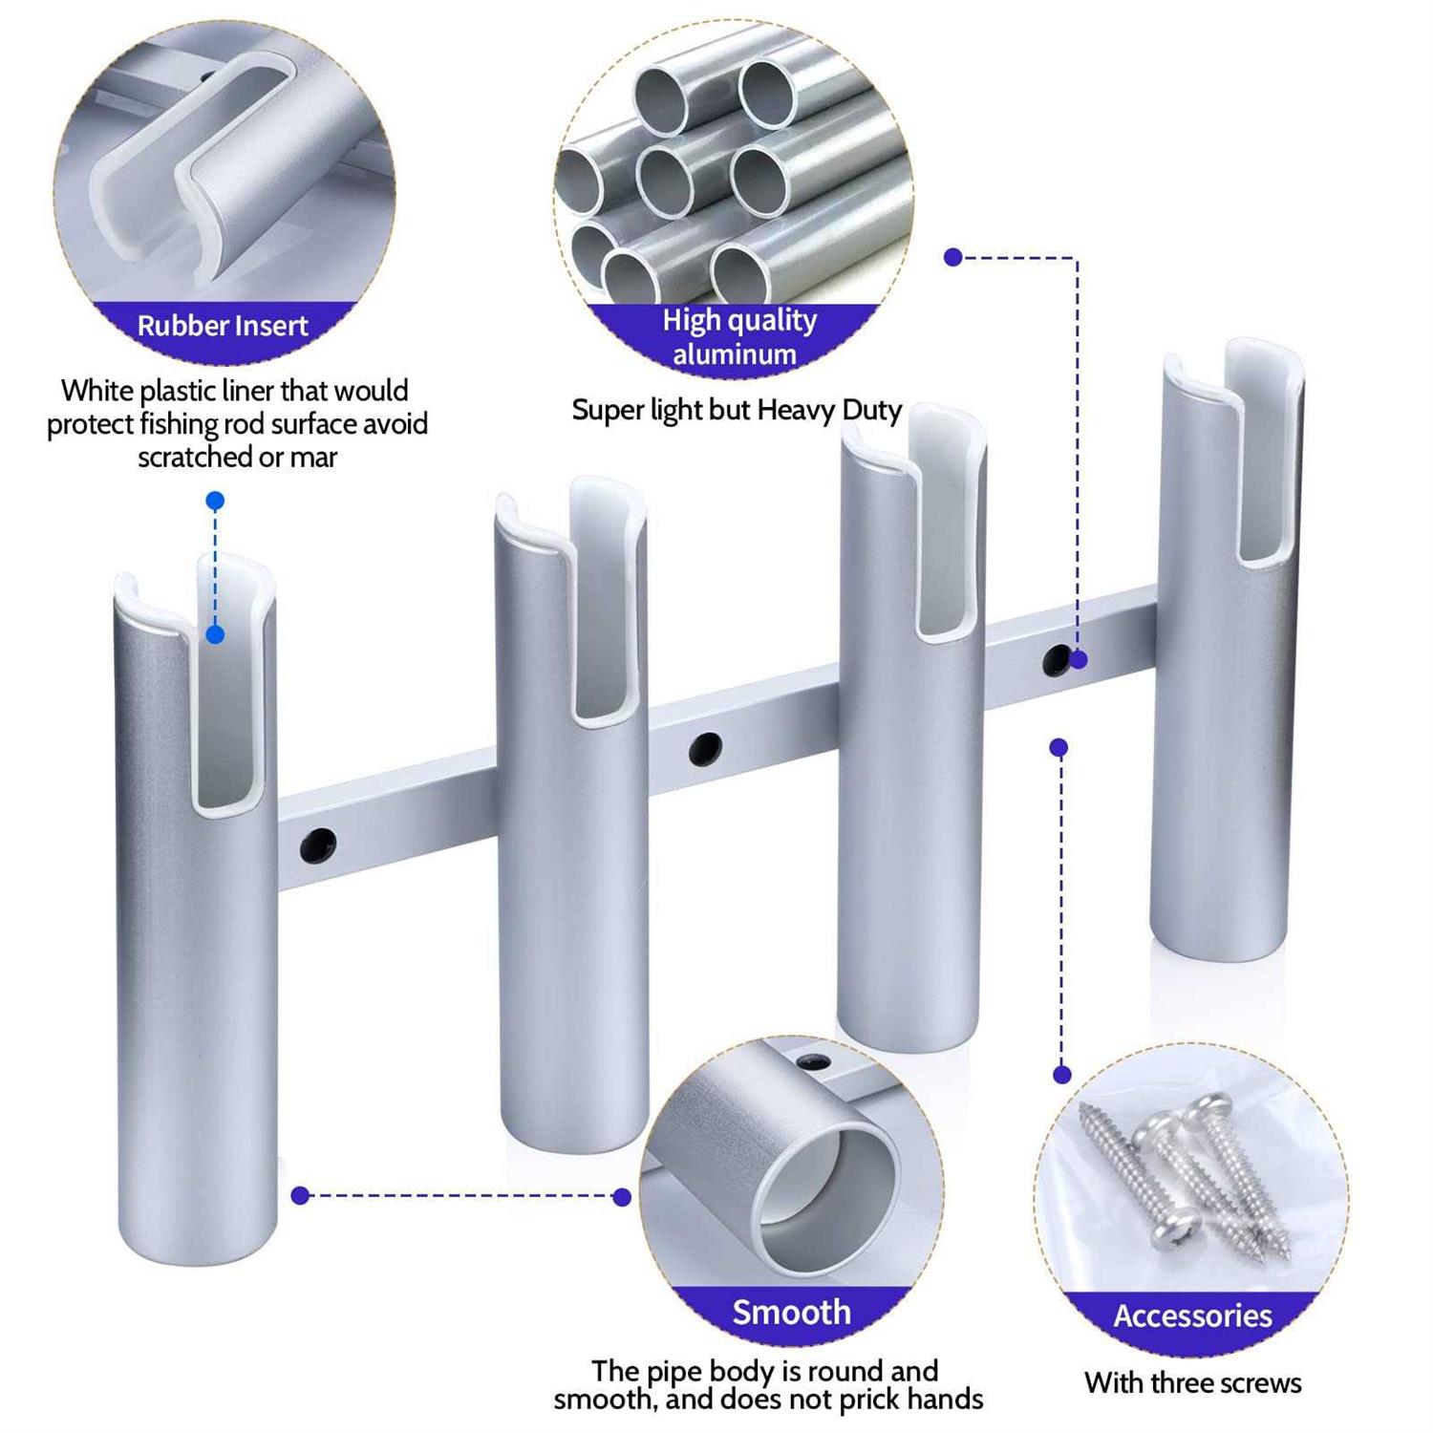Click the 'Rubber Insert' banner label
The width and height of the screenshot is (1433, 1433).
(x=222, y=326)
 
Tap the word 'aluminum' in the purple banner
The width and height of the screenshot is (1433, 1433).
(x=734, y=354)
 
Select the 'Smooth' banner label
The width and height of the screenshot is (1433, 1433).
(x=791, y=1312)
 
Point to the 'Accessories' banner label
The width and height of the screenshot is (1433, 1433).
(x=1192, y=1315)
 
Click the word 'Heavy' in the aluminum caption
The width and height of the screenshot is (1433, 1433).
(x=796, y=410)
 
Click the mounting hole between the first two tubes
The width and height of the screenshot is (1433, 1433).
(x=318, y=844)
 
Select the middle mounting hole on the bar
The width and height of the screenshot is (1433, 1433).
(x=705, y=748)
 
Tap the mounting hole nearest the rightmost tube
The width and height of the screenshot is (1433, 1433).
(x=1057, y=660)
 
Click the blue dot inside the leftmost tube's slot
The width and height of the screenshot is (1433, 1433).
(x=215, y=634)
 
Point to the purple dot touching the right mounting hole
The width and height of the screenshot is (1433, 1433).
(x=1080, y=659)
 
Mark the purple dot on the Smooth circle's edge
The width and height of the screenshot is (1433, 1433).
(x=622, y=1197)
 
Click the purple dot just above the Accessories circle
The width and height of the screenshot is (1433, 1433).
(x=1061, y=1075)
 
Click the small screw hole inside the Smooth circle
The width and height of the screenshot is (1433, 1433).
(x=812, y=1062)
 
